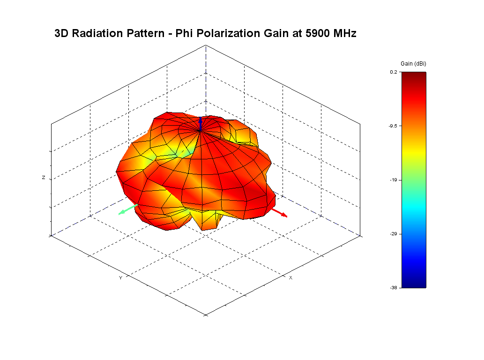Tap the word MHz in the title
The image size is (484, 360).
pos(346,33)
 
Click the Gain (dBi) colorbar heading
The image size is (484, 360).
pos(413,63)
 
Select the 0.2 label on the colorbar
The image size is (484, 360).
pos(394,72)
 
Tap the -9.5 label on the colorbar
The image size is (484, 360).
pos(393,126)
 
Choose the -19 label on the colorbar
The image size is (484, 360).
pos(394,180)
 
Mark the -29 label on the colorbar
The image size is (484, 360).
pos(394,233)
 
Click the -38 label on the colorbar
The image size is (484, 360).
pos(394,287)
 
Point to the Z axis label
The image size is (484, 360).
pos(44,178)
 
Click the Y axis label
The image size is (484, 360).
pos(120,278)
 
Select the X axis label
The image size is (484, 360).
pos(290,278)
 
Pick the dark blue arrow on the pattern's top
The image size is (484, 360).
pos(200,123)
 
